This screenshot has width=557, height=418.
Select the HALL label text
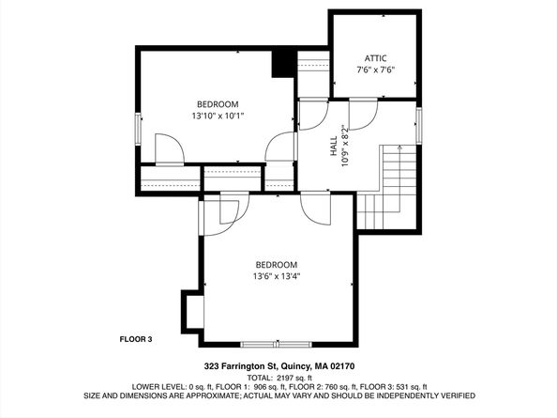[x=333, y=146]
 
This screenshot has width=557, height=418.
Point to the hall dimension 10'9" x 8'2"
[x=345, y=146]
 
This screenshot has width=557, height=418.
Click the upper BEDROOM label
[x=217, y=104]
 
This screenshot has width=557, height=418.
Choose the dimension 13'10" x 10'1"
[x=217, y=116]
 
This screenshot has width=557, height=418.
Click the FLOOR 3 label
[x=136, y=339]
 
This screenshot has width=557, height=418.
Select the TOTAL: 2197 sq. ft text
[x=278, y=377]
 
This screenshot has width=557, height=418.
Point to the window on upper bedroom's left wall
[x=139, y=128]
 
